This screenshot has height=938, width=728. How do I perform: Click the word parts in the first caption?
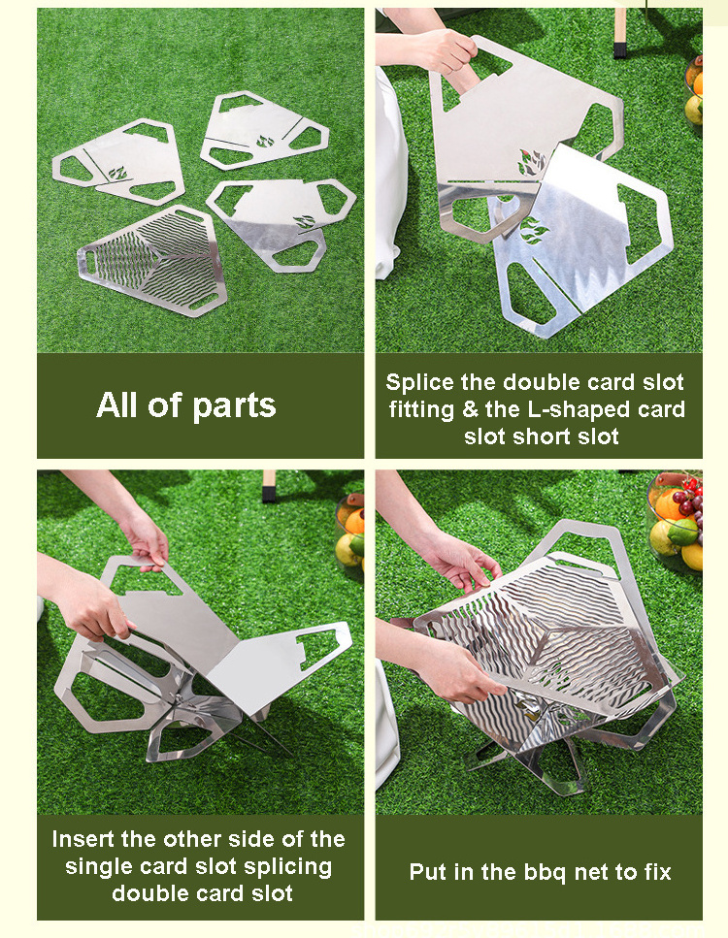pyautogui.click(x=234, y=406)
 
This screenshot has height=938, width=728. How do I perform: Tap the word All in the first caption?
pyautogui.click(x=117, y=405)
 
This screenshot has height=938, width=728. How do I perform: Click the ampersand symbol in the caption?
pyautogui.click(x=470, y=409)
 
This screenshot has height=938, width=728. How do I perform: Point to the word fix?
pyautogui.click(x=658, y=872)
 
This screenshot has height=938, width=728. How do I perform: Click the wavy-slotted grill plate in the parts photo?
pyautogui.click(x=152, y=260)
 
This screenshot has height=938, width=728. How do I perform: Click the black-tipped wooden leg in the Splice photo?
pyautogui.click(x=619, y=33)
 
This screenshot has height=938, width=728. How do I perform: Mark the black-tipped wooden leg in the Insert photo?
pyautogui.click(x=269, y=486)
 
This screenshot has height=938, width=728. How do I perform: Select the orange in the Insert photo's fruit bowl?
pyautogui.click(x=355, y=521)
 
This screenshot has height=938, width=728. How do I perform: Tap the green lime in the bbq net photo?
pyautogui.click(x=683, y=532)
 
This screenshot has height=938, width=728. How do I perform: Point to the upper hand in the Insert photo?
pyautogui.click(x=144, y=541)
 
